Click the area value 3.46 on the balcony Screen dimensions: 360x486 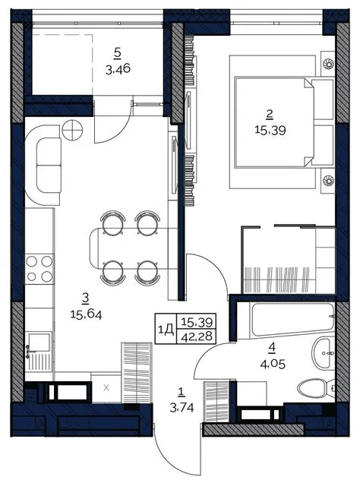(118, 69)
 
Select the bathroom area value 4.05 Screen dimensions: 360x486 (273, 364)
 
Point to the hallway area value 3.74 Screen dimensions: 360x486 (182, 408)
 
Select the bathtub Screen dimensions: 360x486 (293, 320)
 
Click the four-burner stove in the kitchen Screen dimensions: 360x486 (39, 269)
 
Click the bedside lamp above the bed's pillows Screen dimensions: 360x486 (328, 64)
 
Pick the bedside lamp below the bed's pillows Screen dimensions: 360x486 (328, 180)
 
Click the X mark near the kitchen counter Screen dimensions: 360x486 (106, 387)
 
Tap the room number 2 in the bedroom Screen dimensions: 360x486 (270, 115)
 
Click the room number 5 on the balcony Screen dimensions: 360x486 (117, 53)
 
